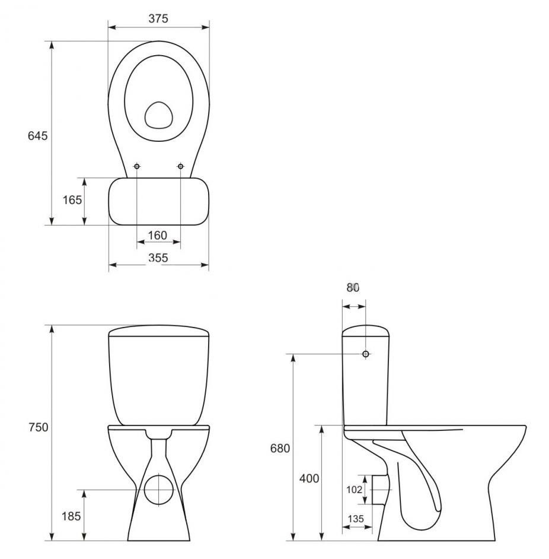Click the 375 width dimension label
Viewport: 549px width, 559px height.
tap(158, 18)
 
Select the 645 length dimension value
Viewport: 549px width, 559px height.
tap(37, 136)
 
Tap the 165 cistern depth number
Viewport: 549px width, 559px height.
tap(72, 200)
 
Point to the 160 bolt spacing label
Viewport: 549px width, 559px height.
tap(158, 236)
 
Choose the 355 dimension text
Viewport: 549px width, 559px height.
tap(158, 258)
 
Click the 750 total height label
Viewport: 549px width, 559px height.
tap(38, 427)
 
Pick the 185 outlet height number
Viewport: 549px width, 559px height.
tap(71, 516)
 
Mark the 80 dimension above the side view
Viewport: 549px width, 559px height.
tap(353, 287)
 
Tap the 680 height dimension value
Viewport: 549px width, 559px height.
tap(280, 448)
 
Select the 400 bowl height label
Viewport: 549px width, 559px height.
tap(309, 478)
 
